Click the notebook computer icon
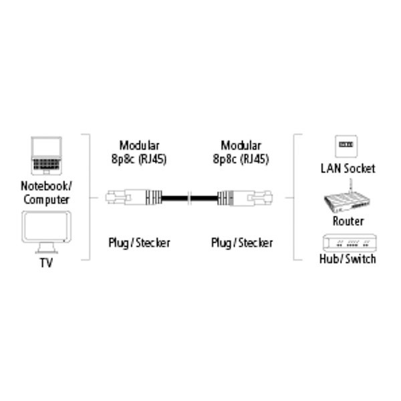[x=46, y=156]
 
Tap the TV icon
[x=46, y=232]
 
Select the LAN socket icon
[x=346, y=146]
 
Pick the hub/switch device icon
[x=350, y=243]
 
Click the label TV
[x=46, y=263]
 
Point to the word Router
[x=348, y=221]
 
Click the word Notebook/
[x=46, y=186]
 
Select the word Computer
[x=46, y=200]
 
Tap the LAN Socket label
[x=348, y=168]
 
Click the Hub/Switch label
[x=348, y=259]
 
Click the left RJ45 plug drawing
[x=134, y=197]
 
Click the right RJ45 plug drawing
[x=245, y=198]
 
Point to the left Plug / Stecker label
[x=140, y=243]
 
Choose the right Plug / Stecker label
[x=242, y=243]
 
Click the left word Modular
[x=140, y=145]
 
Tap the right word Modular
[x=241, y=145]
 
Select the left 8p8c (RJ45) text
[x=139, y=159]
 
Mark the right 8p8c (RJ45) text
[x=241, y=159]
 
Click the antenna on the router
[x=351, y=187]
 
